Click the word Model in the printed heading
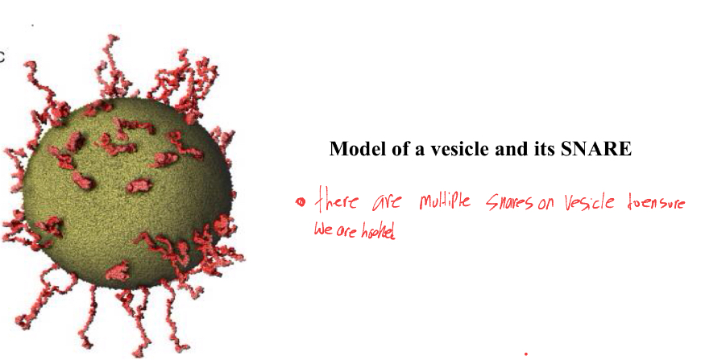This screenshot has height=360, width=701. click(x=356, y=150)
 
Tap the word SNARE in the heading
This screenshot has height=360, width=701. click(x=597, y=150)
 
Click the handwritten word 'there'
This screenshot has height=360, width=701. click(x=337, y=200)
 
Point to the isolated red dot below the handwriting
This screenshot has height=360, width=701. click(x=526, y=353)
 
